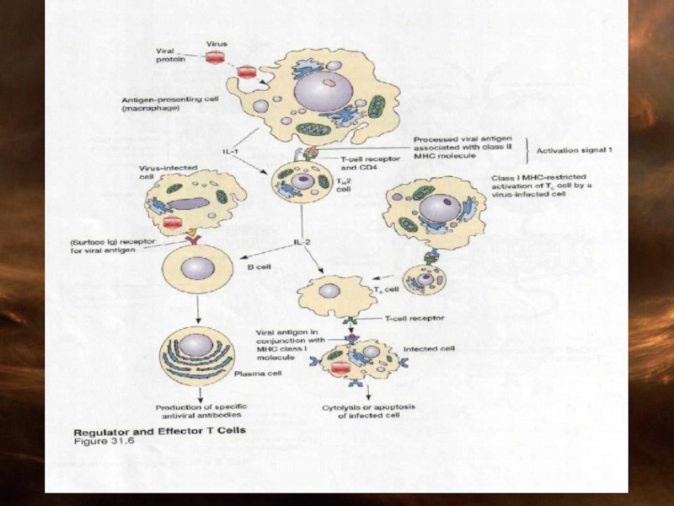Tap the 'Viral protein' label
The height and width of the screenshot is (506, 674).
[170, 55]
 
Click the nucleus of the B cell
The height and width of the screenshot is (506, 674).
[197, 268]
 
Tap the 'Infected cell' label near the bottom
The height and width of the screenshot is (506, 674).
[430, 347]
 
